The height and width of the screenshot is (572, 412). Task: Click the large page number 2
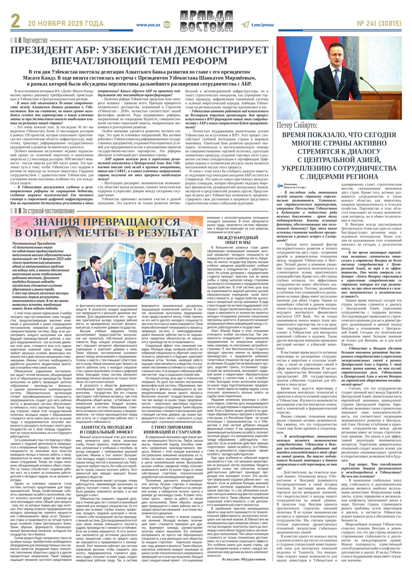point(16,24)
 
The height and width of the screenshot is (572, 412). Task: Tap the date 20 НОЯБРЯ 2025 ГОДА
point(65,24)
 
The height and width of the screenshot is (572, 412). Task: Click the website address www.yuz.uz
point(148,25)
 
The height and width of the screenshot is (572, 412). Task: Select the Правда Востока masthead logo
point(206,21)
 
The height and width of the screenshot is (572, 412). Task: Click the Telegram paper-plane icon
point(245,25)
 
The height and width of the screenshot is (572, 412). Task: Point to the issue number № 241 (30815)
point(379,24)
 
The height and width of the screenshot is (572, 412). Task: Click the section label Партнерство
point(35,41)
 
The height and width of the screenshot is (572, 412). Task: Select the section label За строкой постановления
point(48,211)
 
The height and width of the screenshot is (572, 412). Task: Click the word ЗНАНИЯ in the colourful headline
point(57,222)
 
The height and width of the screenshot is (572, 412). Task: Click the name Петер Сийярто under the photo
point(297,126)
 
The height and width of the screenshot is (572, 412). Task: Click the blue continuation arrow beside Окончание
point(280,186)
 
